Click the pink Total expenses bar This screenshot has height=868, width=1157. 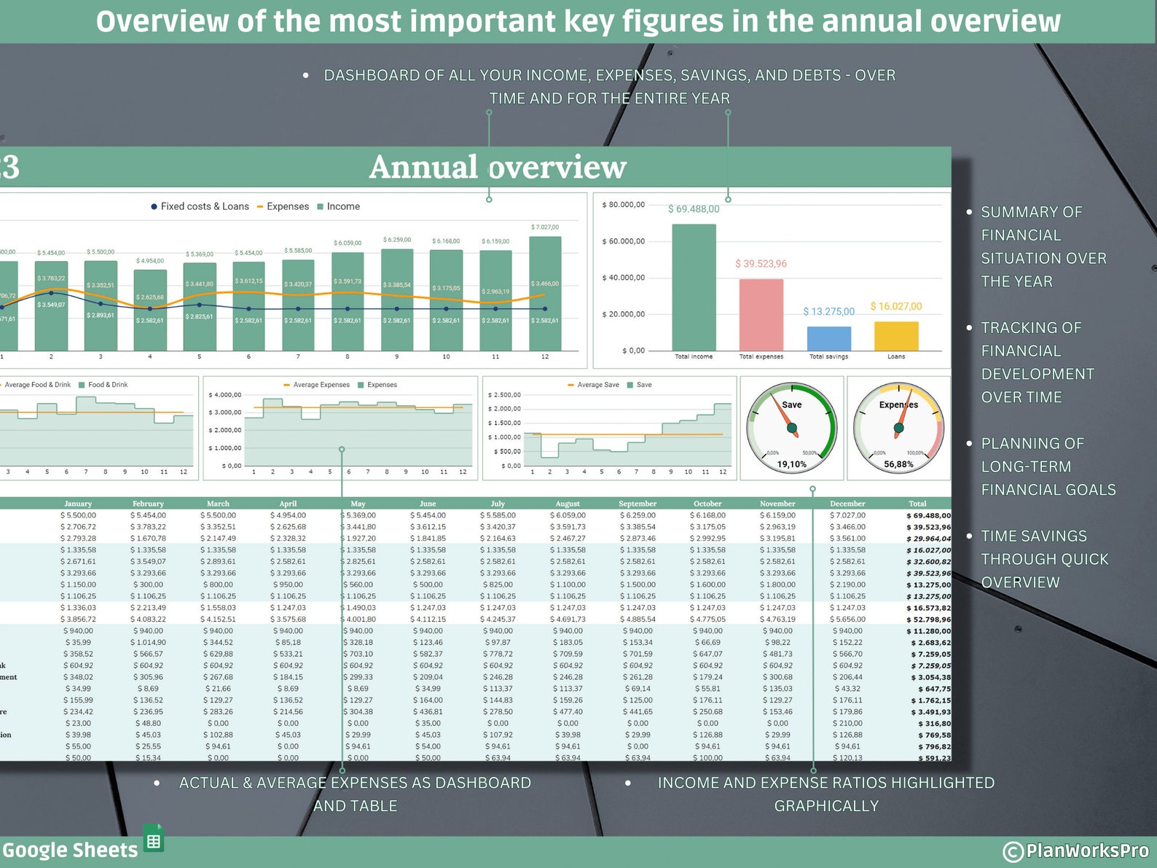pos(761,315)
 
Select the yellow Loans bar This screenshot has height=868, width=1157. pos(895,336)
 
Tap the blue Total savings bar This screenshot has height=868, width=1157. pos(828,338)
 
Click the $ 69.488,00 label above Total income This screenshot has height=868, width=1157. pos(693,209)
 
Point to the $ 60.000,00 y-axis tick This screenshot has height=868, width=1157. pos(623,241)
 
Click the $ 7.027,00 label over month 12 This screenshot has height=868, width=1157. pos(545,227)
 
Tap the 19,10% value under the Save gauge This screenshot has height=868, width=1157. pos(791,464)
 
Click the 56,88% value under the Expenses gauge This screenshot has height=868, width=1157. pos(898,464)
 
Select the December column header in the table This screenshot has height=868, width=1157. pos(847,504)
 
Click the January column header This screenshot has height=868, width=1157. pos(78,504)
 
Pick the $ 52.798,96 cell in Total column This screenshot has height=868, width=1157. pos(928,619)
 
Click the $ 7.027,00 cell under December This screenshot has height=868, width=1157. pos(847,515)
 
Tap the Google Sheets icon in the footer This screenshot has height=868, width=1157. pos(154,840)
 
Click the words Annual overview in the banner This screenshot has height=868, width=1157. pos(498,167)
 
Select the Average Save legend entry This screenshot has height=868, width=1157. pos(597,385)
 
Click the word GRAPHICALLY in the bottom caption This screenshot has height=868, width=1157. pos(826,806)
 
